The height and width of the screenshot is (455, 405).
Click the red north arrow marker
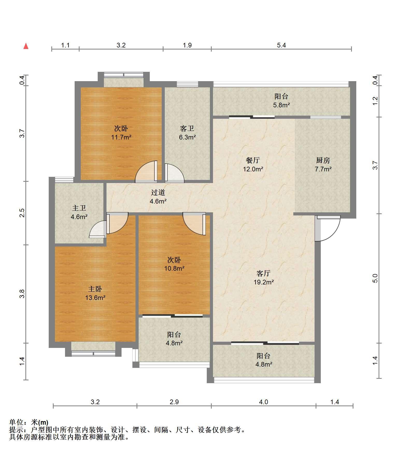click(26, 46)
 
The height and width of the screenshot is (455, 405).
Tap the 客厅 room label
click(264, 273)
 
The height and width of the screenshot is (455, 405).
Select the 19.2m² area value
click(264, 282)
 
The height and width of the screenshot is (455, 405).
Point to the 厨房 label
click(323, 160)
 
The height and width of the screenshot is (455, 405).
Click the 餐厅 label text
click(253, 160)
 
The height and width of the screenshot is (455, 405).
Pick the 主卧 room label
click(95, 289)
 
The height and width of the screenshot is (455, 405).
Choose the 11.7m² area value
click(121, 137)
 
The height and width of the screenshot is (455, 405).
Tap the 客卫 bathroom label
click(187, 128)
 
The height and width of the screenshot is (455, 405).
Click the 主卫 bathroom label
click(79, 208)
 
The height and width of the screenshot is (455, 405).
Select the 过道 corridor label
click(158, 192)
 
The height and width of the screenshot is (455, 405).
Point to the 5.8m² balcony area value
click(281, 105)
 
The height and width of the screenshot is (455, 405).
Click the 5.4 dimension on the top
click(281, 45)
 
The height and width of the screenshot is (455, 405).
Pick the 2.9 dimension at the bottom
click(174, 402)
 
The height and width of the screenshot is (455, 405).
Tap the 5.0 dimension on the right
click(375, 278)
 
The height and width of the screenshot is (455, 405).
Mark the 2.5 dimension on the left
click(22, 213)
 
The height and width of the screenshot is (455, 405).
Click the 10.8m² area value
click(174, 268)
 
